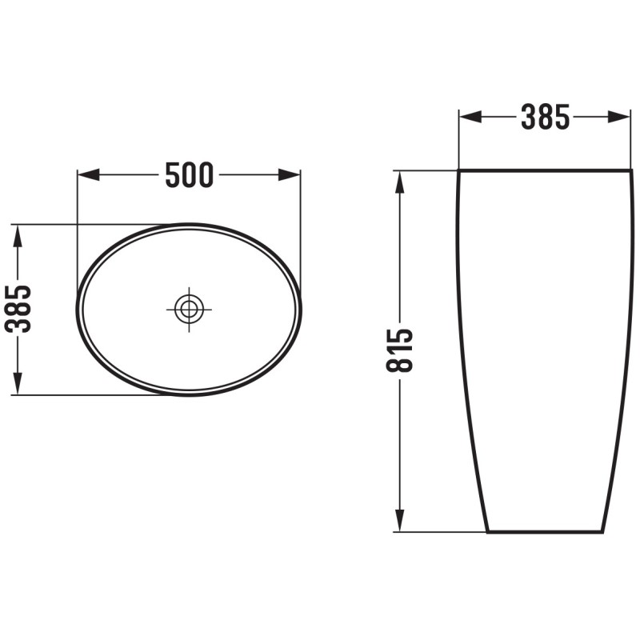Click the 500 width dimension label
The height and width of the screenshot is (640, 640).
(x=190, y=174)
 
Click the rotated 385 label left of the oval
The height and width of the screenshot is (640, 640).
(x=18, y=309)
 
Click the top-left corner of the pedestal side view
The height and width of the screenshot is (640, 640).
(x=458, y=171)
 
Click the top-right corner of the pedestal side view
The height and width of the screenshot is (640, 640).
(x=631, y=171)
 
